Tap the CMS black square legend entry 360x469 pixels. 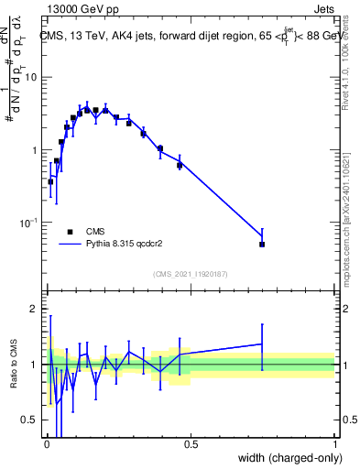point(70,232)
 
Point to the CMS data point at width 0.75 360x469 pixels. point(262,245)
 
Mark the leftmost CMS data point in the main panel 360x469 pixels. point(50,181)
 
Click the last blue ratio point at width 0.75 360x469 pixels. point(262,344)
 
